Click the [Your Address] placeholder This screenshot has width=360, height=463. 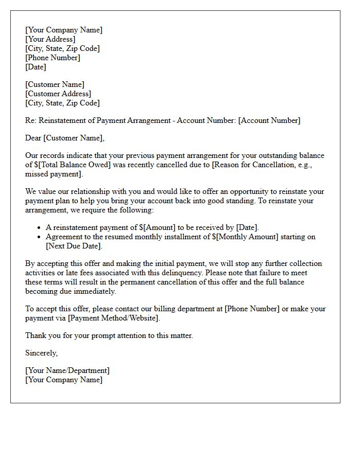tap(50, 39)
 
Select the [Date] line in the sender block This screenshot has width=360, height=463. tap(35, 67)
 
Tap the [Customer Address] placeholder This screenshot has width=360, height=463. tap(58, 94)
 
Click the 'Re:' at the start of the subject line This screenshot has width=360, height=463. tap(31, 120)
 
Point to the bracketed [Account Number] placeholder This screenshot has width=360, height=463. tap(269, 120)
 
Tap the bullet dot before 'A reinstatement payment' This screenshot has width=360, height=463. tap(39, 228)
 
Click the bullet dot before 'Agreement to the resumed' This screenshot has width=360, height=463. tap(39, 237)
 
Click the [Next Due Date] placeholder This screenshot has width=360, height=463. tap(74, 246)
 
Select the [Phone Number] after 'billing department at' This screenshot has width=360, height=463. tap(252, 309)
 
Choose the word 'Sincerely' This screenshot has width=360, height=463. tap(41, 353)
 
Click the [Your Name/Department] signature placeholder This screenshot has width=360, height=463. tap(67, 370)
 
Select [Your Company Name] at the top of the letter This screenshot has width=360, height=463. tap(64, 30)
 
